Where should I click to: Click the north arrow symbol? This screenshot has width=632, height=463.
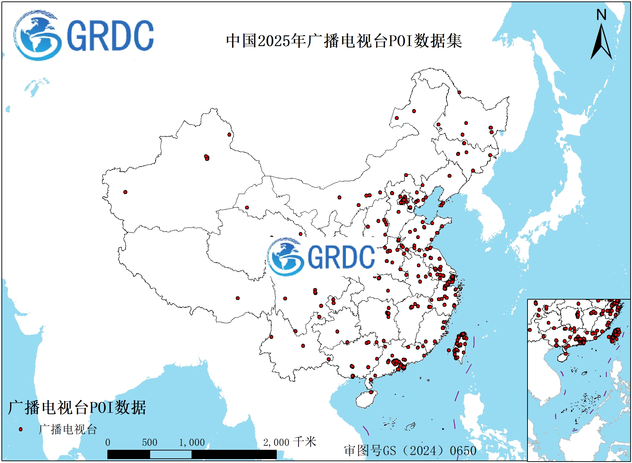click(601, 43)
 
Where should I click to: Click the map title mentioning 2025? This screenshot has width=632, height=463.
click(344, 41)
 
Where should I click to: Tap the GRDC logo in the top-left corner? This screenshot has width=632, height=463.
click(84, 35)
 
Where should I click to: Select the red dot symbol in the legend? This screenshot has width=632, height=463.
click(21, 429)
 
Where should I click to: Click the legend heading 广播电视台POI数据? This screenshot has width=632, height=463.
click(77, 407)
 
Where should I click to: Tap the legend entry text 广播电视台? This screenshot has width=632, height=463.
click(68, 429)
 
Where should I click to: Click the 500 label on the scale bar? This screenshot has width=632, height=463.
click(149, 442)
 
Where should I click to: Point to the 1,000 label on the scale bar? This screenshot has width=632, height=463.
click(192, 442)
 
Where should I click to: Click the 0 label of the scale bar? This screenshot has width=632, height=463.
click(108, 442)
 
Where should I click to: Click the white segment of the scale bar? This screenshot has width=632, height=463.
click(170, 454)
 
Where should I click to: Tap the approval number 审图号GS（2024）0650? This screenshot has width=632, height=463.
click(410, 451)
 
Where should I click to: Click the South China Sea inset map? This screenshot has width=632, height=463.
click(579, 380)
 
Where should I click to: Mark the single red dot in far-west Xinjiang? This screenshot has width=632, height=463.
click(125, 192)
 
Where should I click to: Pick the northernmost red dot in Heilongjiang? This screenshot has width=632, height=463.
click(459, 92)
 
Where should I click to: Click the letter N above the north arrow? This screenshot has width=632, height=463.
click(601, 15)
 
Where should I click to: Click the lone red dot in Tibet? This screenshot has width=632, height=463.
click(238, 298)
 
